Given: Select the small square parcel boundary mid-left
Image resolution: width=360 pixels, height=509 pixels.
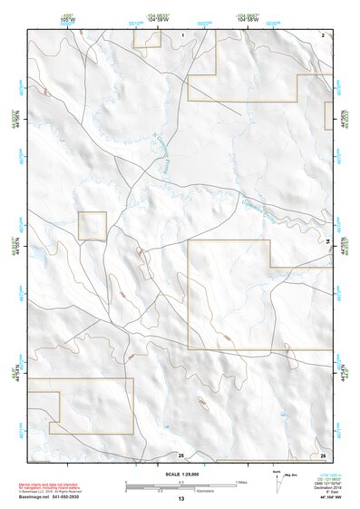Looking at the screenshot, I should pyautogui.click(x=92, y=226).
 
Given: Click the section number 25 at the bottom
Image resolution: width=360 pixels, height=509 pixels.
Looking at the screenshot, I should pyautogui.click(x=180, y=454).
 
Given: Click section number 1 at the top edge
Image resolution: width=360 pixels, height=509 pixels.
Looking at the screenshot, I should pyautogui.click(x=182, y=34).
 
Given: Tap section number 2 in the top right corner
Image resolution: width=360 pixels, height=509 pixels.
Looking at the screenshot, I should pyautogui.click(x=323, y=34).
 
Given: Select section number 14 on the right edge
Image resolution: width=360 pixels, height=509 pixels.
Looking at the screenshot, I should pyautogui.click(x=327, y=240).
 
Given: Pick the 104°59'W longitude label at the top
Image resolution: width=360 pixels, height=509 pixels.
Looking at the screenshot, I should pyautogui.click(x=157, y=18).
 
